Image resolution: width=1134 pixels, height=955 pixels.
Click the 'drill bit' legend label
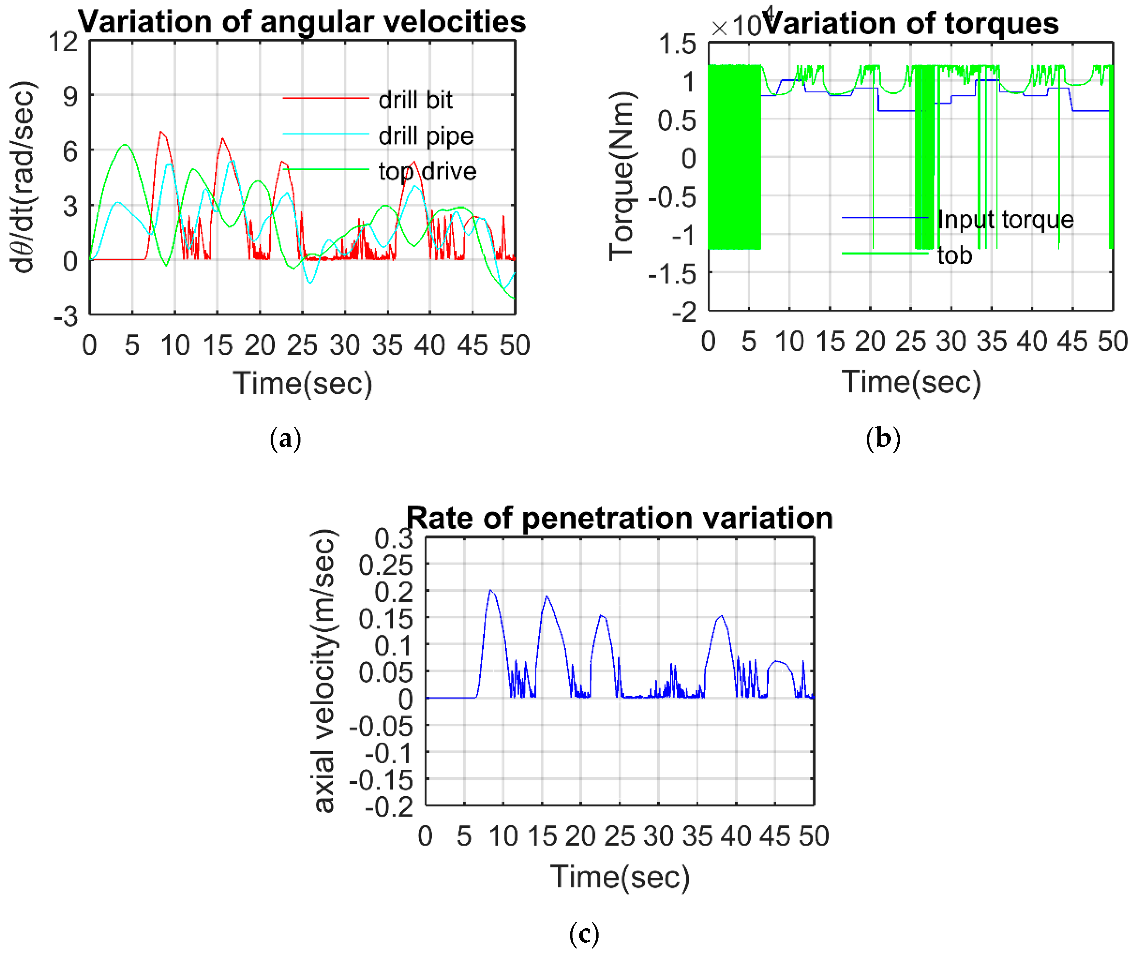415,100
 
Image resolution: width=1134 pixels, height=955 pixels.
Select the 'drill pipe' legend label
426,136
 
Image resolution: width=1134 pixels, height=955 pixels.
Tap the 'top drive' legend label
427,172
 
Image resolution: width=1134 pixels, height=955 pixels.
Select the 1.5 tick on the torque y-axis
677,44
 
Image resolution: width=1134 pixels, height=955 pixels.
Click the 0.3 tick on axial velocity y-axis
393,539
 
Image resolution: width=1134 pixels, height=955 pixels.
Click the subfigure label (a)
285,438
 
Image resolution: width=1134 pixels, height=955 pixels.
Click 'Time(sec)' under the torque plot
911,382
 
